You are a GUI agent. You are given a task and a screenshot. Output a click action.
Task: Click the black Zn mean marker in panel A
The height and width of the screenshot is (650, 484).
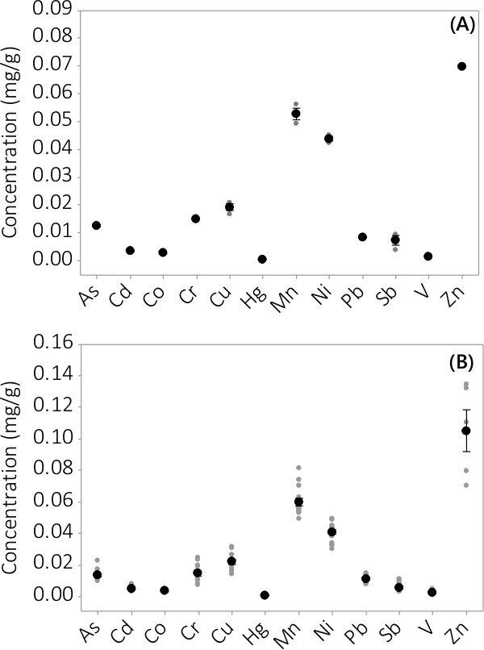click(461, 66)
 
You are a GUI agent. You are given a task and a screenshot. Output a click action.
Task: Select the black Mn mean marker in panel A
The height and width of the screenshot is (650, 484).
click(295, 114)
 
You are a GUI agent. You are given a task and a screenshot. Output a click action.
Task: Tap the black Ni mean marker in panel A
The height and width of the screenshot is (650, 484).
click(329, 139)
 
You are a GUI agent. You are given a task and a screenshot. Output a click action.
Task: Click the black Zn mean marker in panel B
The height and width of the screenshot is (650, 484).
click(465, 431)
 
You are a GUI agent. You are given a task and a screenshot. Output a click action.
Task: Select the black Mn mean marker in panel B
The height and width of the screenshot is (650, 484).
click(299, 502)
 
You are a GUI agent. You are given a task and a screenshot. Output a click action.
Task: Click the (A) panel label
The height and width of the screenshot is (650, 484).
click(463, 25)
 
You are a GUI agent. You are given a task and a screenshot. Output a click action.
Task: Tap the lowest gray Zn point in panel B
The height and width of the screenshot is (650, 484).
click(465, 485)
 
